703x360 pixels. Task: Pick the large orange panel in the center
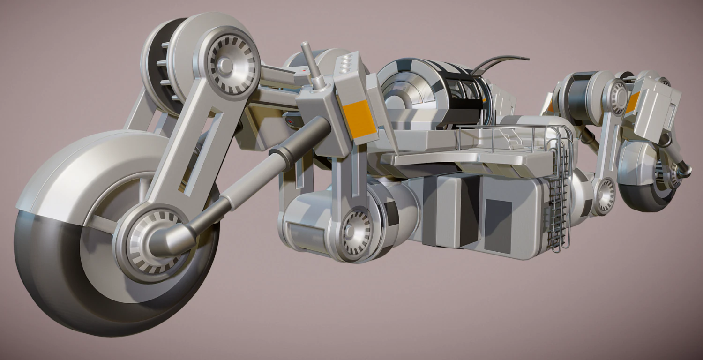[x=359, y=119]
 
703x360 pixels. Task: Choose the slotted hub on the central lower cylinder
[x=357, y=232]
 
